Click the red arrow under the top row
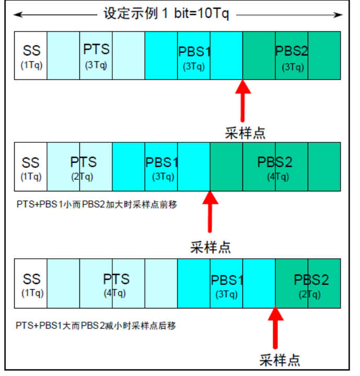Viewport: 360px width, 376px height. pyautogui.click(x=242, y=102)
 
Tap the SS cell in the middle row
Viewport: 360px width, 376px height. pyautogui.click(x=31, y=166)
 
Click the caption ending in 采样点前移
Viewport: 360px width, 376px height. pyautogui.click(x=96, y=204)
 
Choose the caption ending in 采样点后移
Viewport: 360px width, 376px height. pyautogui.click(x=96, y=325)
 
